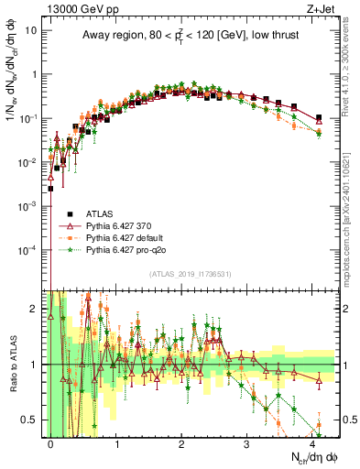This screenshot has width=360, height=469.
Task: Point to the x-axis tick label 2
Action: (181, 442)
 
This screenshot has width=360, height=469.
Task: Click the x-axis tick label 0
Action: (50, 442)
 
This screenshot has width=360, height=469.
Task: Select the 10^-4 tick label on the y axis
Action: (29, 250)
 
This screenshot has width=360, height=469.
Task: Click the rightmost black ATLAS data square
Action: (318, 118)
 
